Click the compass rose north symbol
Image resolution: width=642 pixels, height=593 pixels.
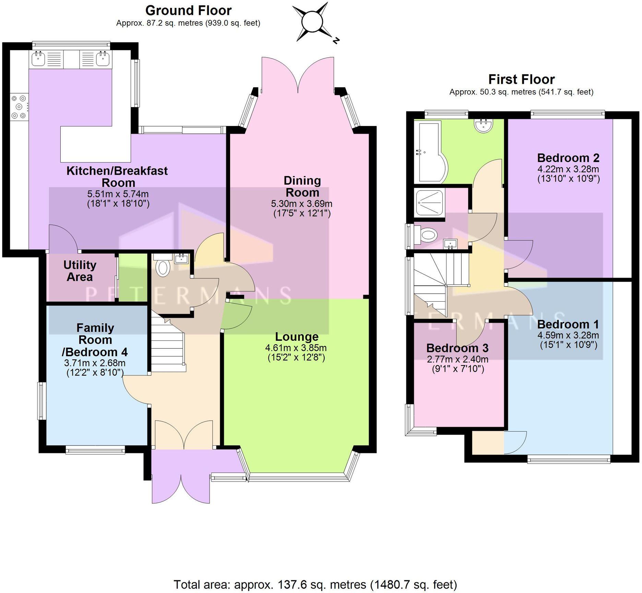pyautogui.click(x=313, y=22)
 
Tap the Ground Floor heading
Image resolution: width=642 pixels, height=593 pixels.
pyautogui.click(x=188, y=11)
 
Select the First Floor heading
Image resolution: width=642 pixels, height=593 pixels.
pyautogui.click(x=521, y=79)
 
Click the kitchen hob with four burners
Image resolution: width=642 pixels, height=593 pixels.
pyautogui.click(x=19, y=107)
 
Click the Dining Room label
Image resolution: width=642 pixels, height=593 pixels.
pyautogui.click(x=302, y=186)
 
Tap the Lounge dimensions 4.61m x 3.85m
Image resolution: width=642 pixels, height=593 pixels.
pyautogui.click(x=296, y=348)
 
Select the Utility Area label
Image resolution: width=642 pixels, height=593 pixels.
pyautogui.click(x=80, y=271)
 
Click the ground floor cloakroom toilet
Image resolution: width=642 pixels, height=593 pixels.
pyautogui.click(x=163, y=268)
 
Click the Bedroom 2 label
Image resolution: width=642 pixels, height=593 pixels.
pyautogui.click(x=568, y=158)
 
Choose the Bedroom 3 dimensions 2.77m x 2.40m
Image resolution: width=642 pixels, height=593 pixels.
pyautogui.click(x=457, y=359)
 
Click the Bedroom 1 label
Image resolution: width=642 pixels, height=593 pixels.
pyautogui.click(x=568, y=324)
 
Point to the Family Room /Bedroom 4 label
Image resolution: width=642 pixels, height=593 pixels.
pyautogui.click(x=95, y=340)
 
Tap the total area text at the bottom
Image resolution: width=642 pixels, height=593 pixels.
pyautogui.click(x=315, y=584)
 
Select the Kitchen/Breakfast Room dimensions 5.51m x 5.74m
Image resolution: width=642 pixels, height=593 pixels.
pyautogui.click(x=118, y=194)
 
